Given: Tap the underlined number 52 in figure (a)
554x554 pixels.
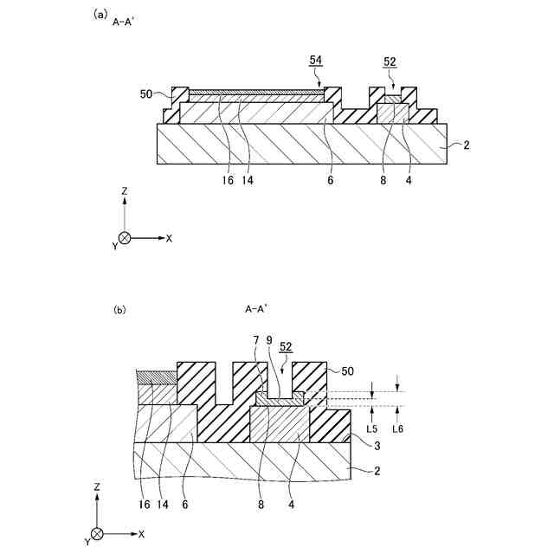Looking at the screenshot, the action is point(390,61).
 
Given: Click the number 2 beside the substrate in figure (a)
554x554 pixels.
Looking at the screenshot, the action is point(467,145).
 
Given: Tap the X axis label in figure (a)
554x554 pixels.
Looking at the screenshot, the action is point(169,237).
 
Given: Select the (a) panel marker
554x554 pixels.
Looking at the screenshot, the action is point(100,14).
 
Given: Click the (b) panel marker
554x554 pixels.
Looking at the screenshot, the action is point(119,308).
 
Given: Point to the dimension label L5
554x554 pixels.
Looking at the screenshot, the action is point(371,428).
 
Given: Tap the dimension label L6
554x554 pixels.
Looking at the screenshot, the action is point(397,428).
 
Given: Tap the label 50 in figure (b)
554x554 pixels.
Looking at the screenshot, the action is point(346,370).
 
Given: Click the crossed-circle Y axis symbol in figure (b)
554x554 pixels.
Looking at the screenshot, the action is point(97,534).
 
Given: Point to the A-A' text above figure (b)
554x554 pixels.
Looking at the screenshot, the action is point(255,308).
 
